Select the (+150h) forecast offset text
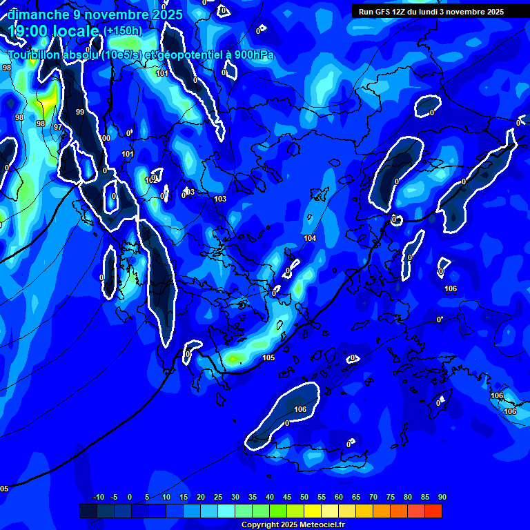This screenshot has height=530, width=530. tap(123, 31)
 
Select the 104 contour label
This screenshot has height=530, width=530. tap(310, 238)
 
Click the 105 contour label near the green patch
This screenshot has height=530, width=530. tap(268, 357)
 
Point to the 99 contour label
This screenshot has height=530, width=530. tap(80, 112)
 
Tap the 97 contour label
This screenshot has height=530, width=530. tap(58, 127)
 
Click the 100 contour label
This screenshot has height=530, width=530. tap(105, 138)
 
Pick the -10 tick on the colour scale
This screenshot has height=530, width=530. tap(98, 497)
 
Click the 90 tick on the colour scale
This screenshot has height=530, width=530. tap(442, 497)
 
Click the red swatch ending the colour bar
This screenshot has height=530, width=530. tap(433, 511)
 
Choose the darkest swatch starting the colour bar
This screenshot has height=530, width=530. tap(88, 511)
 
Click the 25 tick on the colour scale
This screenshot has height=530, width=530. tap(217, 497)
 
